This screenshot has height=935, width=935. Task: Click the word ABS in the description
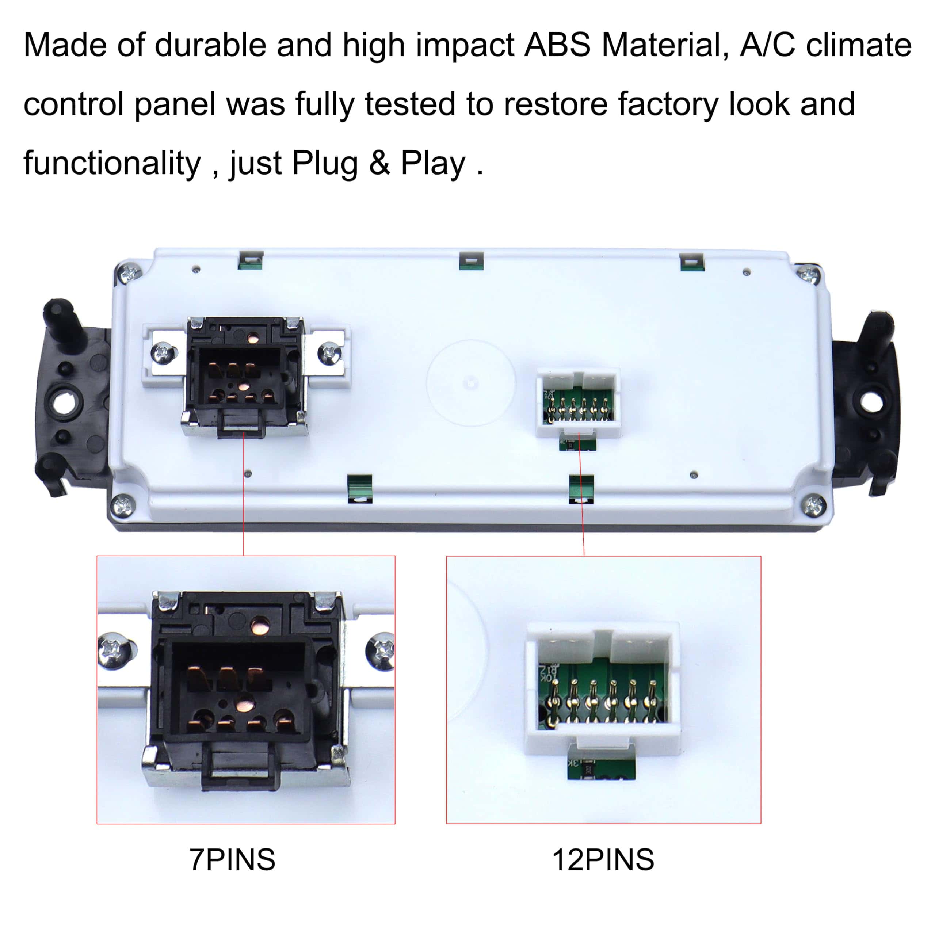[557, 45]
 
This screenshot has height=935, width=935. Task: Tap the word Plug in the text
[324, 164]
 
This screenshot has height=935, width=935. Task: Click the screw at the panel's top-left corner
[130, 274]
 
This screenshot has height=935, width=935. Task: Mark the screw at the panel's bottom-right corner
[814, 506]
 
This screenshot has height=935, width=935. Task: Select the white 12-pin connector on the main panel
[578, 402]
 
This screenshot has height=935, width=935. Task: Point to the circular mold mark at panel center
[470, 383]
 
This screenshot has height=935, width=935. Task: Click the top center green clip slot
[471, 261]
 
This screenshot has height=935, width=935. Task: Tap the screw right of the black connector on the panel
[329, 352]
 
